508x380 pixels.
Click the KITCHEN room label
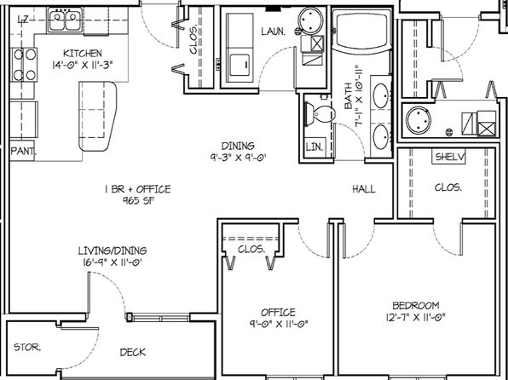[83, 53]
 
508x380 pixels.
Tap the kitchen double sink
[65, 20]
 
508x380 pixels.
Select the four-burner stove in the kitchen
[24, 65]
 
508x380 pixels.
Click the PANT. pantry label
[23, 151]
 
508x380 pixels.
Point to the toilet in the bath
[320, 114]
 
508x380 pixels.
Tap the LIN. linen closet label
[315, 147]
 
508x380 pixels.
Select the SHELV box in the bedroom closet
[449, 157]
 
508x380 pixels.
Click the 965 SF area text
[138, 200]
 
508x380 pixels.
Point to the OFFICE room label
[279, 313]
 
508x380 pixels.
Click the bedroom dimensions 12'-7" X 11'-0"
[416, 317]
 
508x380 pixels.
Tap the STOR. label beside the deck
[27, 348]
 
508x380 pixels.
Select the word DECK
[133, 352]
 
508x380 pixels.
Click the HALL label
[364, 189]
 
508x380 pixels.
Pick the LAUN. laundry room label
[274, 32]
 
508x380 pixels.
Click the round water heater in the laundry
[311, 20]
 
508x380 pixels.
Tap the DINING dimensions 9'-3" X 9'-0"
[238, 158]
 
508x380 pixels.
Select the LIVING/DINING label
[113, 250]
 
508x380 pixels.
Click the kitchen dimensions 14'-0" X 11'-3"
[83, 65]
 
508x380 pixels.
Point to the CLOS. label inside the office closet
[251, 249]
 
